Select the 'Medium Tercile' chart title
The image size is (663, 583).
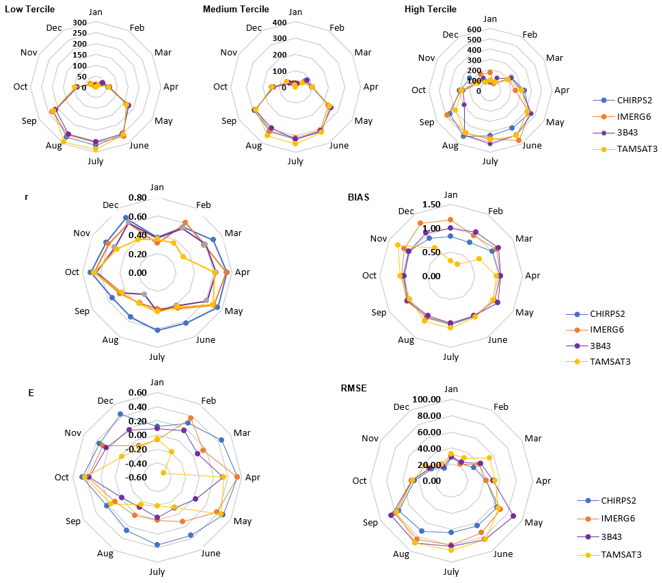[236, 9]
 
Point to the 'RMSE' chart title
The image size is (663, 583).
[353, 388]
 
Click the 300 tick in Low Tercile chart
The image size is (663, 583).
[79, 23]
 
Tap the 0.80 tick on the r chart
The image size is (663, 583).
[137, 198]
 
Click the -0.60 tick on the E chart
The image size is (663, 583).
[137, 477]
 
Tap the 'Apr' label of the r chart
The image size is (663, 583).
[243, 272]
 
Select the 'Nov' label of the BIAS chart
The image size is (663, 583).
[378, 238]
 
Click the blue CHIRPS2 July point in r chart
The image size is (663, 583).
[157, 331]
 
